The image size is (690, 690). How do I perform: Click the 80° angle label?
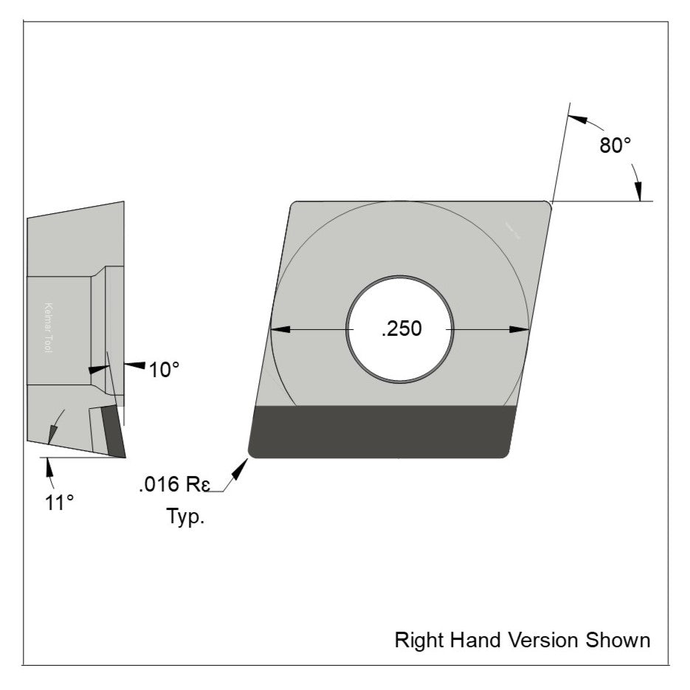(615, 145)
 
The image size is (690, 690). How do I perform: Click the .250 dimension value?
(401, 329)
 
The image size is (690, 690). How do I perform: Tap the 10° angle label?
(164, 370)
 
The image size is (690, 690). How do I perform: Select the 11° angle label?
(59, 503)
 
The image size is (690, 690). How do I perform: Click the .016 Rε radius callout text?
(174, 486)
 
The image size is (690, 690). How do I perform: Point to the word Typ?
(184, 517)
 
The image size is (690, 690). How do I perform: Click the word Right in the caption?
(417, 639)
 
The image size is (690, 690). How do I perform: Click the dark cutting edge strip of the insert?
(380, 432)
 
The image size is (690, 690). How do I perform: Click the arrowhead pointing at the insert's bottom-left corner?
(240, 467)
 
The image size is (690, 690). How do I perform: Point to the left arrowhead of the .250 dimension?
(281, 329)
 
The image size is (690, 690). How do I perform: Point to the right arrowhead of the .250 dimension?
(520, 329)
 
